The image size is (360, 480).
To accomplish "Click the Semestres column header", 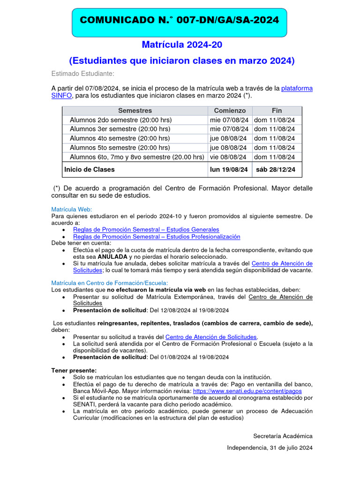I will [135, 111].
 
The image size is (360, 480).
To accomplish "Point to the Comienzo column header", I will [230, 111].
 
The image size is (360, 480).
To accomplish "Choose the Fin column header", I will [277, 111].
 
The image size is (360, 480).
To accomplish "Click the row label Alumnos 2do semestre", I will [120, 120].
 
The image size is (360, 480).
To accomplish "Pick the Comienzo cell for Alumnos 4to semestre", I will [229, 138].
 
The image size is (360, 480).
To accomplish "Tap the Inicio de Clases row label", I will [90, 169].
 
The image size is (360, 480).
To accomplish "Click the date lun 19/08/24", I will [229, 169].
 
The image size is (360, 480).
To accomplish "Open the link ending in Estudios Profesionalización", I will [157, 237].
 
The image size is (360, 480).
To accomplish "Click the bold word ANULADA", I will [112, 257].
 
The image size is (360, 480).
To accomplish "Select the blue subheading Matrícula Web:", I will [72, 209].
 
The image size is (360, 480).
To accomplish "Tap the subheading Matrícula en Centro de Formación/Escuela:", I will [109, 283].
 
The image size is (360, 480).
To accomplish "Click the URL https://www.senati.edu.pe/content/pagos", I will [247, 390].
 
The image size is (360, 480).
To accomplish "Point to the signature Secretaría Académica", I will [283, 436].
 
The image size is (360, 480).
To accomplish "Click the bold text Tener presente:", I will [74, 370].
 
